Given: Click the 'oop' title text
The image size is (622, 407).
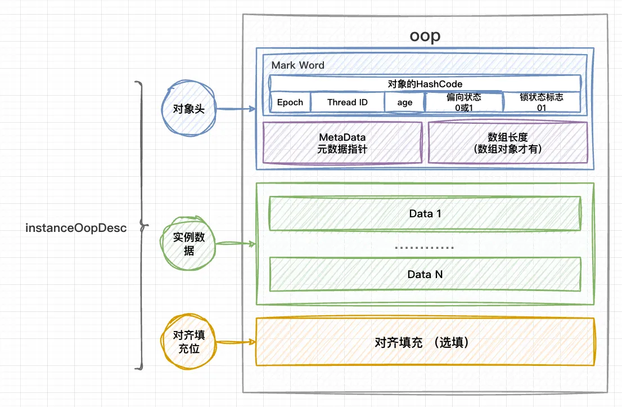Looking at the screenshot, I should pos(425,35).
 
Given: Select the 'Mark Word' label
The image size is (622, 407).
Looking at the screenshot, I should pos(298,65).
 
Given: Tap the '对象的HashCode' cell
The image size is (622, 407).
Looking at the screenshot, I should pos(425,84).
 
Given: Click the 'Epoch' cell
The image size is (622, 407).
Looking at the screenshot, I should pos(290,102).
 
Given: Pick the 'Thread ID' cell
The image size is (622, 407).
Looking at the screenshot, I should pos(347,102).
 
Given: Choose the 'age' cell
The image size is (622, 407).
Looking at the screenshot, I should pos(404,102).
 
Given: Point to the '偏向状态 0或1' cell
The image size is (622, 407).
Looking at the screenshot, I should pos(463,102).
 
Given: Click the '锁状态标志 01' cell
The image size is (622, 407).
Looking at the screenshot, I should pos(542,102).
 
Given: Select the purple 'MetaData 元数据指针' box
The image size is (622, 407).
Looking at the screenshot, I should pos(342,143).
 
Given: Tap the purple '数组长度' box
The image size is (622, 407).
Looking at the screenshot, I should pos(508,143).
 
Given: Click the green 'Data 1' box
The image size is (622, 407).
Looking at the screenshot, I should pos(425,213).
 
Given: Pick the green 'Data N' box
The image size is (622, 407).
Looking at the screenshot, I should pos(425,274).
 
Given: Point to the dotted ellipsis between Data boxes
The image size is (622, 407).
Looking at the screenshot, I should pos(425,247).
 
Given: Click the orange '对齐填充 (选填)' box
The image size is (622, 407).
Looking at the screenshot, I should pos(425,342).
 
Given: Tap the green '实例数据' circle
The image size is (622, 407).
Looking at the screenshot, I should pos(189,244).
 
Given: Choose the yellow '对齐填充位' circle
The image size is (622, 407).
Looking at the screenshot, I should pos(189,342).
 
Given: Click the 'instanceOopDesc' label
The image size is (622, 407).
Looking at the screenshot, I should pos(76,229).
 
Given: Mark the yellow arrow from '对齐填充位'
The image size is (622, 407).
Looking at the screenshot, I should pos(235,342).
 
